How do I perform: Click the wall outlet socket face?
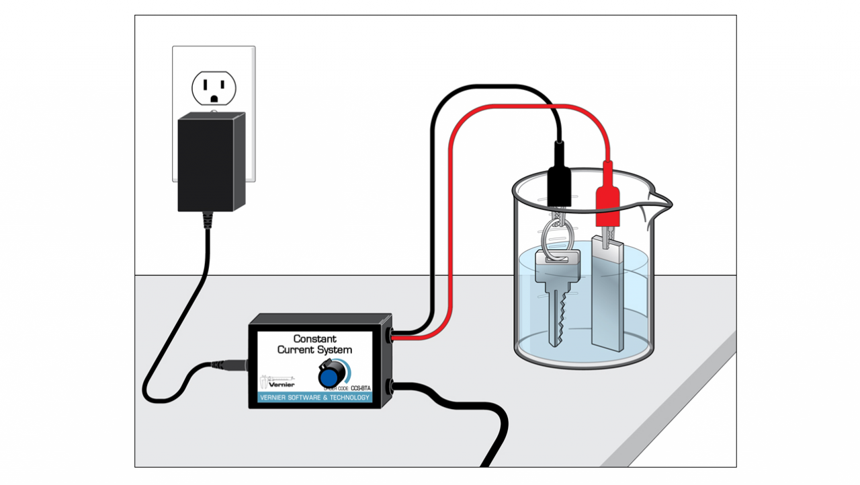[x=214, y=87]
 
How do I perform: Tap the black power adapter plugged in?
[x=211, y=162]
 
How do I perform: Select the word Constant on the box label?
[x=315, y=338]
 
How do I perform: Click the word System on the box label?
[x=334, y=350]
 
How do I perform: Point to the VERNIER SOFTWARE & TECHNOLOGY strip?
[x=314, y=398]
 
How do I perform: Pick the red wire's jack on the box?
[x=390, y=334]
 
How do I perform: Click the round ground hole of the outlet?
[x=214, y=98]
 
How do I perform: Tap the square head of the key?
[x=557, y=262]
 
